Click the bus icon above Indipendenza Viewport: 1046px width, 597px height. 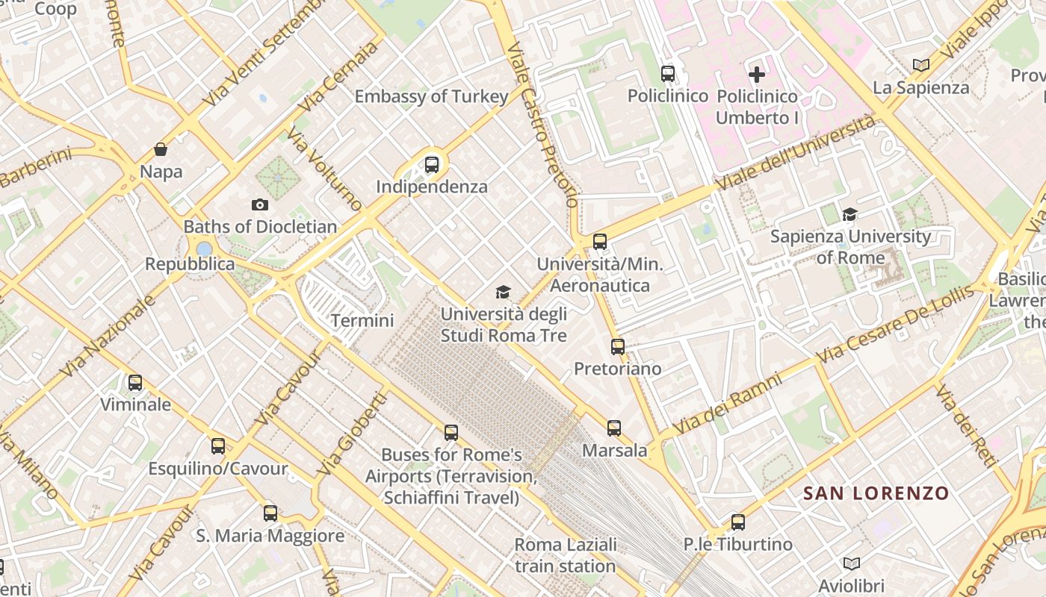pyautogui.click(x=432, y=165)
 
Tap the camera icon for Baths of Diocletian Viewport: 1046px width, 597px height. pyautogui.click(x=259, y=204)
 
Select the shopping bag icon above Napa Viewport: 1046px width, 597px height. pyautogui.click(x=161, y=149)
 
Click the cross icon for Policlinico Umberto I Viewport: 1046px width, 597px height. pyautogui.click(x=757, y=74)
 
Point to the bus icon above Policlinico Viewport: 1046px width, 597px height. pyautogui.click(x=668, y=74)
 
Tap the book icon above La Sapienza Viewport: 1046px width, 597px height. pyautogui.click(x=921, y=66)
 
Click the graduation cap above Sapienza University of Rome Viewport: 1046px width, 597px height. pyautogui.click(x=850, y=215)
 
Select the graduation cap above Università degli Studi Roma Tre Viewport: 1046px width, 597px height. pyautogui.click(x=504, y=292)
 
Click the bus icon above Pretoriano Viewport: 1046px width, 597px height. pyautogui.click(x=617, y=347)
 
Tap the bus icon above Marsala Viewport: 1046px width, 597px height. pyautogui.click(x=614, y=428)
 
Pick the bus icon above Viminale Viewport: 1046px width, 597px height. pyautogui.click(x=135, y=383)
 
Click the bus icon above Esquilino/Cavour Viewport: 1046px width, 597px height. pyautogui.click(x=218, y=446)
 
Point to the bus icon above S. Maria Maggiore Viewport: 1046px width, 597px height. pyautogui.click(x=270, y=513)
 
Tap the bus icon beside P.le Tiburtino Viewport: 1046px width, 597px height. pyautogui.click(x=738, y=522)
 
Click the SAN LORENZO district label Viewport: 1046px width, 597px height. pyautogui.click(x=876, y=493)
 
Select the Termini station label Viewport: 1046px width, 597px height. pyautogui.click(x=362, y=321)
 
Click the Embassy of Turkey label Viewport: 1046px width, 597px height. pyautogui.click(x=431, y=96)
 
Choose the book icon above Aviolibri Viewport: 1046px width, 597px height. pyautogui.click(x=851, y=563)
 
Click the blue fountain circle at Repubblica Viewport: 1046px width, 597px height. pyautogui.click(x=204, y=249)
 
